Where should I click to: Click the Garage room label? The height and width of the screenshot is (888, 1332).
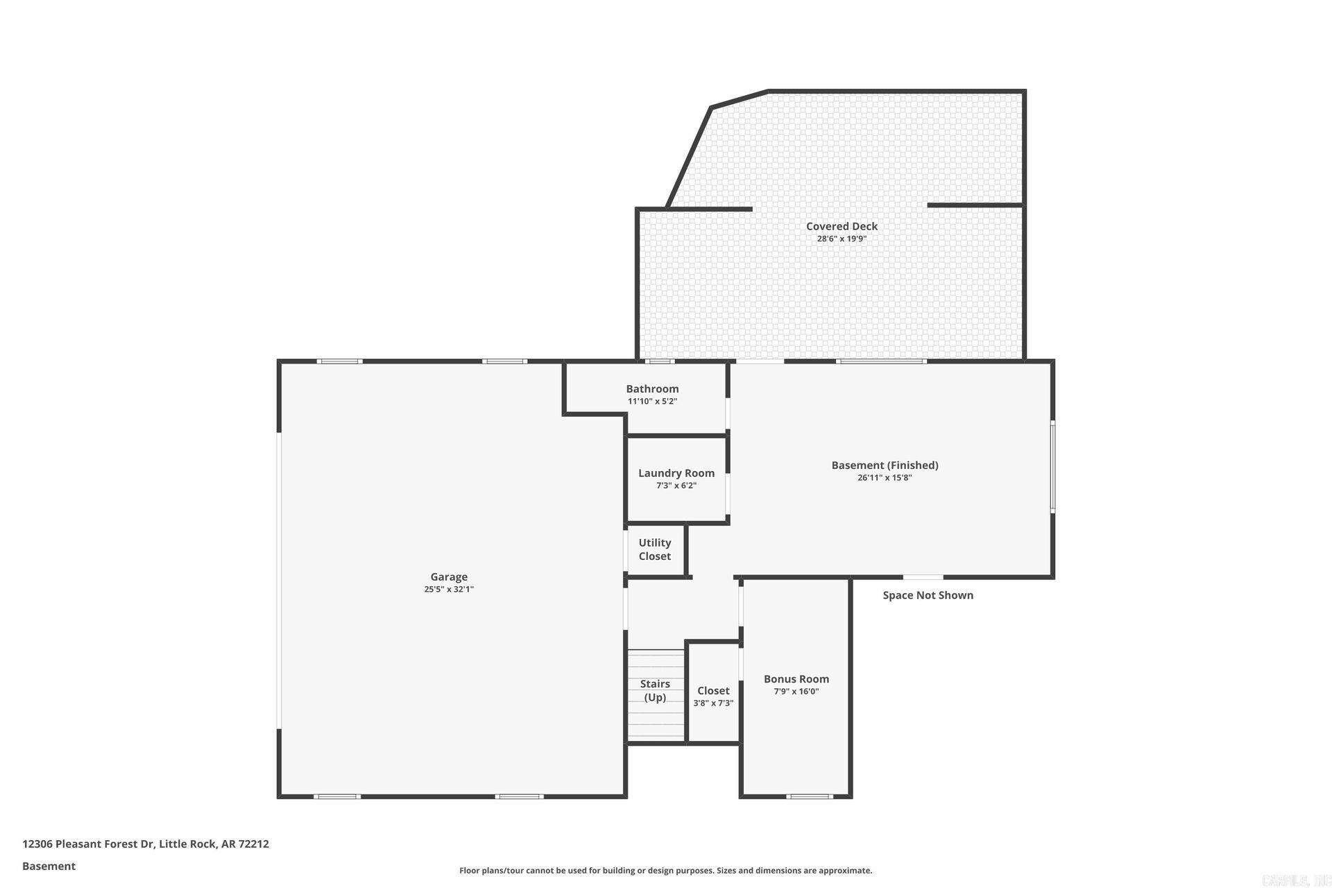tap(449, 577)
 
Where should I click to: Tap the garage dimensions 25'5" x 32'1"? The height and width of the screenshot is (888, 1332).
tap(449, 589)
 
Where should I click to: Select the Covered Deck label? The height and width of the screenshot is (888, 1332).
tap(842, 226)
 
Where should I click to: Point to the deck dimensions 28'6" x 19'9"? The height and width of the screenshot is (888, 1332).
tap(842, 239)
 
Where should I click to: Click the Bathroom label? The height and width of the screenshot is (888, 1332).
tap(652, 388)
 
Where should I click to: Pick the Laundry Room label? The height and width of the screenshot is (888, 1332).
tap(676, 473)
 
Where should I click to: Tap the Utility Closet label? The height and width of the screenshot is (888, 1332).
tap(655, 549)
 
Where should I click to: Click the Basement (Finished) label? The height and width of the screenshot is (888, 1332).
tap(885, 466)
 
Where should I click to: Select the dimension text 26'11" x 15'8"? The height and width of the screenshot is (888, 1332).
tap(885, 477)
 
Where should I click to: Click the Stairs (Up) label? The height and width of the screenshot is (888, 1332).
tap(655, 690)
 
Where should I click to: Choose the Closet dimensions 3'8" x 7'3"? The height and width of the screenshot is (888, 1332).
tap(713, 703)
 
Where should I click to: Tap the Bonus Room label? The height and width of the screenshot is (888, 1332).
tap(796, 679)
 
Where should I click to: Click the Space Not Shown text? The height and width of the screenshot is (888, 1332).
tap(928, 595)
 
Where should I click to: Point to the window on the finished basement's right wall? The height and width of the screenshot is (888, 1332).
tap(1052, 466)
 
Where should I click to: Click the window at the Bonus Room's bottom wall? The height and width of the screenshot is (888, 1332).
tap(809, 796)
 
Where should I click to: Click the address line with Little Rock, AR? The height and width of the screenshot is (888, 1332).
tap(146, 844)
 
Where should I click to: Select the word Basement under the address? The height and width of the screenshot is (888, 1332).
tap(49, 866)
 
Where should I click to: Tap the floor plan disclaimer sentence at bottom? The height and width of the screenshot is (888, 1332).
tap(665, 871)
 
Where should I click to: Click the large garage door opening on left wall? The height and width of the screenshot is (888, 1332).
tap(279, 581)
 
